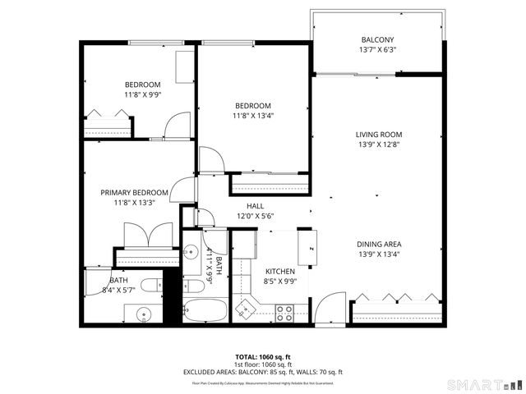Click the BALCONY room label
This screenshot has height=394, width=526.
(378, 40)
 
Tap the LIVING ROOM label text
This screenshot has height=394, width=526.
(378, 135)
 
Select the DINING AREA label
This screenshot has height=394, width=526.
(378, 244)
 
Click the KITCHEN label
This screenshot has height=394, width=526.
(279, 272)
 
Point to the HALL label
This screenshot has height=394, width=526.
(255, 206)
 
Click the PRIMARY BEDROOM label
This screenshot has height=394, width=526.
(134, 193)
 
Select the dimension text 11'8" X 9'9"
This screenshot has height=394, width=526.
(143, 94)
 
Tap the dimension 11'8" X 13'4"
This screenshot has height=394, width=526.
(253, 116)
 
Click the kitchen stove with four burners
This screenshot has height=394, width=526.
(284, 313)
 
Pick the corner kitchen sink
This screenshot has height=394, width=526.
(244, 309)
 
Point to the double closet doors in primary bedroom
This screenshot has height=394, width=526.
(148, 236)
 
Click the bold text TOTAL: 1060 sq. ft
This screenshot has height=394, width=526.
(262, 357)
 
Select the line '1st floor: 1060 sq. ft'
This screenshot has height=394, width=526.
(262, 364)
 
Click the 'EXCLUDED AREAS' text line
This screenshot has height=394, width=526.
(262, 372)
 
